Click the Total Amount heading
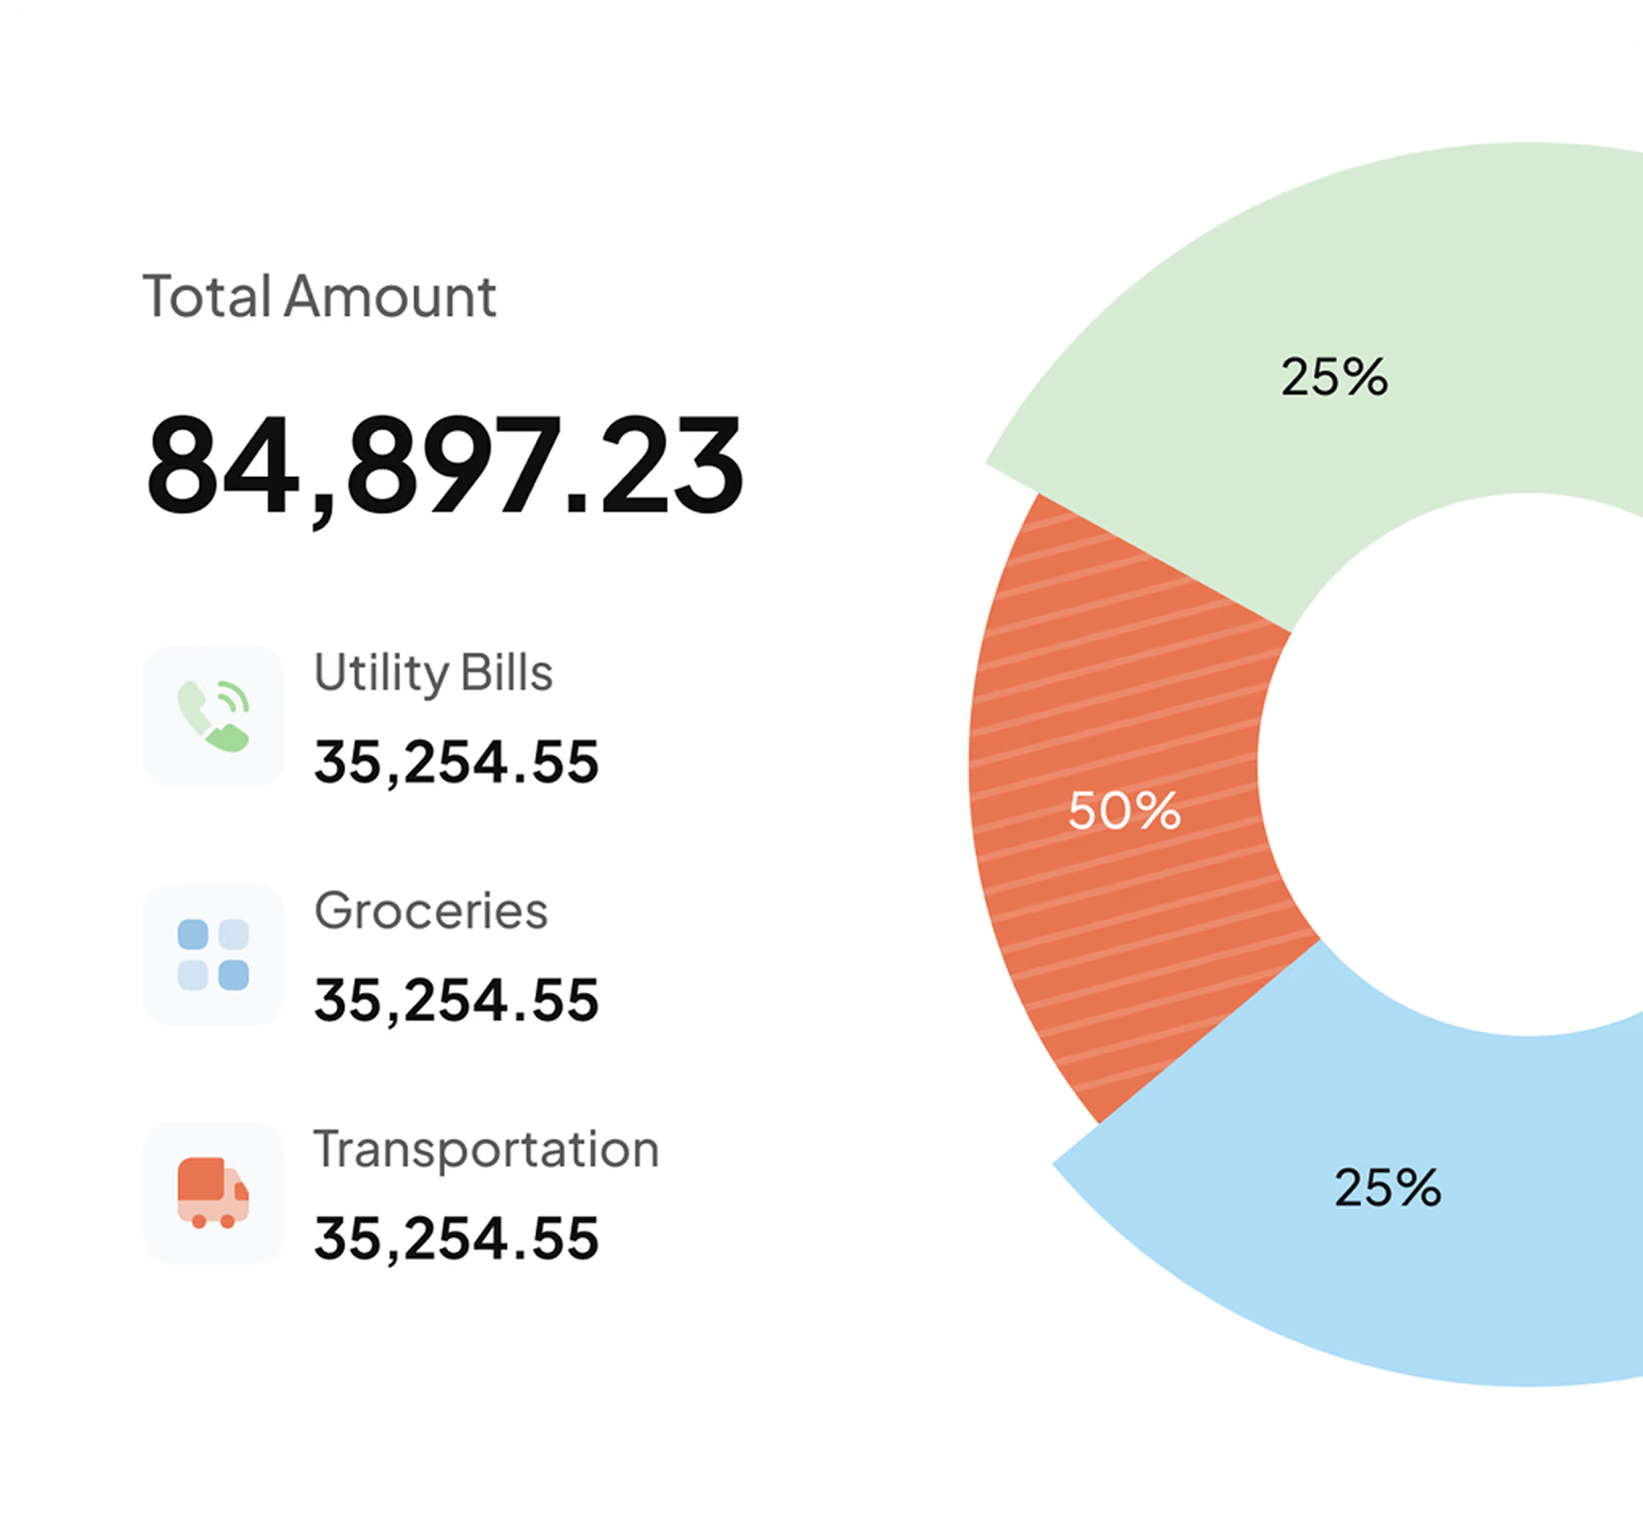(319, 297)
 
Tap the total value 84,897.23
(445, 465)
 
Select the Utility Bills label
(433, 673)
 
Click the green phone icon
(213, 717)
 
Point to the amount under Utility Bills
(456, 762)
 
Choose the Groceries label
(430, 911)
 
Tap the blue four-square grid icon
(213, 954)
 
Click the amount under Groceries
(456, 1000)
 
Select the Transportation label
(486, 1150)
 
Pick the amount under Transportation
(456, 1239)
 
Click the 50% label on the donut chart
(1124, 811)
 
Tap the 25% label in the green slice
(1334, 377)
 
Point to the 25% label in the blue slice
(1387, 1187)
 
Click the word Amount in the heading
(390, 297)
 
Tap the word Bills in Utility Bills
(506, 673)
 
